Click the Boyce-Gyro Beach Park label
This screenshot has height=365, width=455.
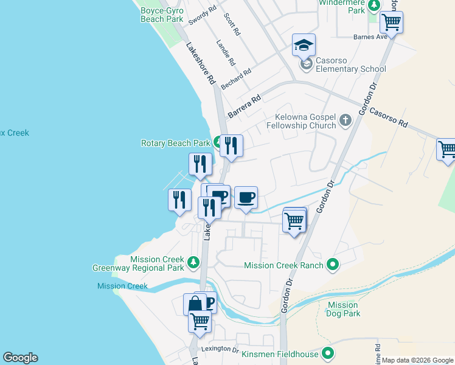[162, 15]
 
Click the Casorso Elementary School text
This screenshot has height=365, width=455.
[351, 69]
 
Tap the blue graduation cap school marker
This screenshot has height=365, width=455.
[304, 45]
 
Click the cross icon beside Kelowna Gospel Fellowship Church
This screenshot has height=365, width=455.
[346, 120]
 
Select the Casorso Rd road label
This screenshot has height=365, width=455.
[387, 113]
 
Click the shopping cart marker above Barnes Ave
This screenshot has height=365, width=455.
[391, 23]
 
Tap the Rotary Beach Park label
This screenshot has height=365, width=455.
[175, 143]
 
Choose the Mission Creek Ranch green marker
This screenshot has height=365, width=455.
[332, 265]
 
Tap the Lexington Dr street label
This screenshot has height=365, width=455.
[220, 349]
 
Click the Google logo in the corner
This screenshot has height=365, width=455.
[20, 358]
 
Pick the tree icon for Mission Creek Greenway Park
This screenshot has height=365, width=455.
[193, 262]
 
